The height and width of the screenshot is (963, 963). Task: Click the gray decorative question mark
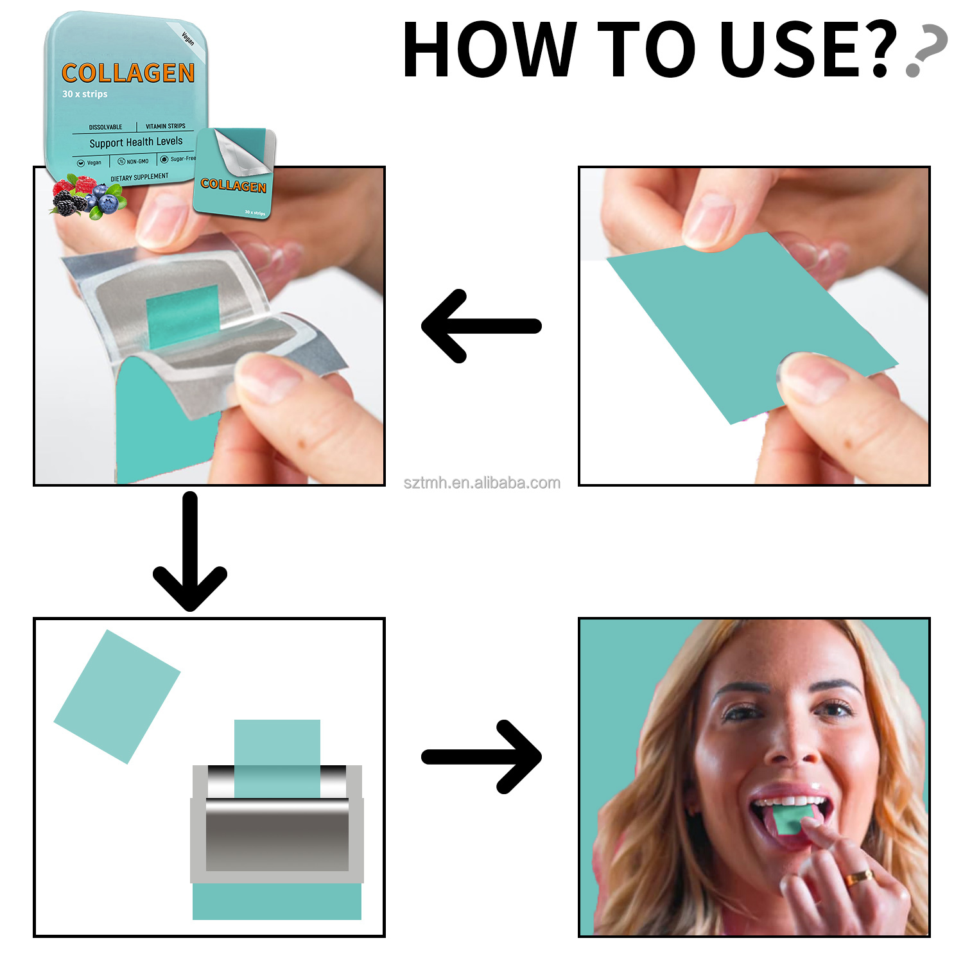click(926, 51)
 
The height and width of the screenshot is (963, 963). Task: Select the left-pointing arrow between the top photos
click(481, 326)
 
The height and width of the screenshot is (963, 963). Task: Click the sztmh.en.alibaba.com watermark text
click(481, 483)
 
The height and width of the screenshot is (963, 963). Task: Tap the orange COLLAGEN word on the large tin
click(128, 73)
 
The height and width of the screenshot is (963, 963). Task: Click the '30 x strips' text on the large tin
click(85, 94)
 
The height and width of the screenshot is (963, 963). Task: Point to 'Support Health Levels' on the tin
click(135, 142)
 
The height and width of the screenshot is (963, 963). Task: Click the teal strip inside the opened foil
click(183, 315)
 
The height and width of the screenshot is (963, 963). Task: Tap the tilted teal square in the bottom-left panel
click(117, 696)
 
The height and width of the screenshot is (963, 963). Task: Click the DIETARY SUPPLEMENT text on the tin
click(139, 177)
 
